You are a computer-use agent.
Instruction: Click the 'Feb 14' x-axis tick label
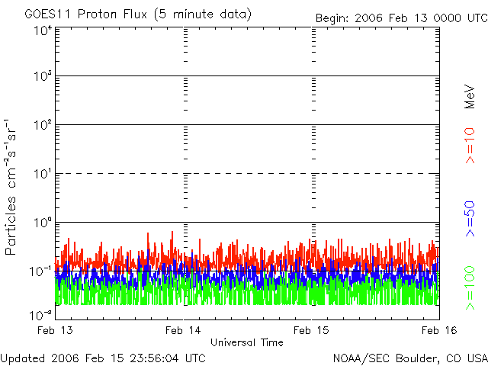pos(183,330)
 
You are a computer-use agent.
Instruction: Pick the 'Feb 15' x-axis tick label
pos(312,330)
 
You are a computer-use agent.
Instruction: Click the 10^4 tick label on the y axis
pos(43,30)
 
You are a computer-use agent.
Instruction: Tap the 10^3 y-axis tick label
pos(43,77)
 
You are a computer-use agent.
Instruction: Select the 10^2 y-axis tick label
pos(43,125)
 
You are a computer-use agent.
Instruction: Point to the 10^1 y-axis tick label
pos(43,174)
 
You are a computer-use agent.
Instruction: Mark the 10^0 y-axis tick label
pos(43,223)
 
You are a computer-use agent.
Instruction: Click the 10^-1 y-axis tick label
pos(41,271)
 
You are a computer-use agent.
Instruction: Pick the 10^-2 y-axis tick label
pos(41,314)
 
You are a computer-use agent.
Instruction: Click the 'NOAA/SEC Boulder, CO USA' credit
pos(409,358)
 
